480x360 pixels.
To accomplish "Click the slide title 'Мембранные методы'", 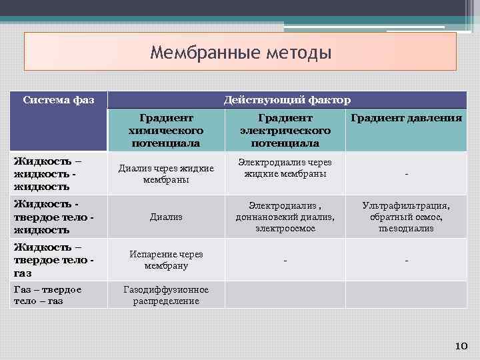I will pyautogui.click(x=240, y=51).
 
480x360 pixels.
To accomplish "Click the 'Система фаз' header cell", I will pyautogui.click(x=58, y=101).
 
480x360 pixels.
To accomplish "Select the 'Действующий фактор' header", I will pyautogui.click(x=287, y=100).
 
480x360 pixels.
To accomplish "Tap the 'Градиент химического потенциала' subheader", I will pyautogui.click(x=167, y=130).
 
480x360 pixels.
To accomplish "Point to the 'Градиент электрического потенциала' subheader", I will pyautogui.click(x=285, y=130).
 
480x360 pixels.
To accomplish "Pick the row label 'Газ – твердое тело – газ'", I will pyautogui.click(x=47, y=295).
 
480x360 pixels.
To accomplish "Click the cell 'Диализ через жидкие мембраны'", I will pyautogui.click(x=167, y=174).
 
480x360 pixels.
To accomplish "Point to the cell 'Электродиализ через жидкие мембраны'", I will pyautogui.click(x=285, y=168).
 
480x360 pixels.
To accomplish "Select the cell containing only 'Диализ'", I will pyautogui.click(x=167, y=217).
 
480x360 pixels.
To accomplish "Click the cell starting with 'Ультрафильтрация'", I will pyautogui.click(x=405, y=217).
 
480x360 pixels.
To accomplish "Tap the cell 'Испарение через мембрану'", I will pyautogui.click(x=167, y=259).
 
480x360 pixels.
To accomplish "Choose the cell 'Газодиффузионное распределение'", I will pyautogui.click(x=167, y=295).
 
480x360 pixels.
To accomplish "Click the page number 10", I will pyautogui.click(x=461, y=345).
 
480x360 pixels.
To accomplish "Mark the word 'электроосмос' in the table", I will pyautogui.click(x=285, y=228).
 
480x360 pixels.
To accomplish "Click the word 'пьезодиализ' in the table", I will pyautogui.click(x=405, y=228).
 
